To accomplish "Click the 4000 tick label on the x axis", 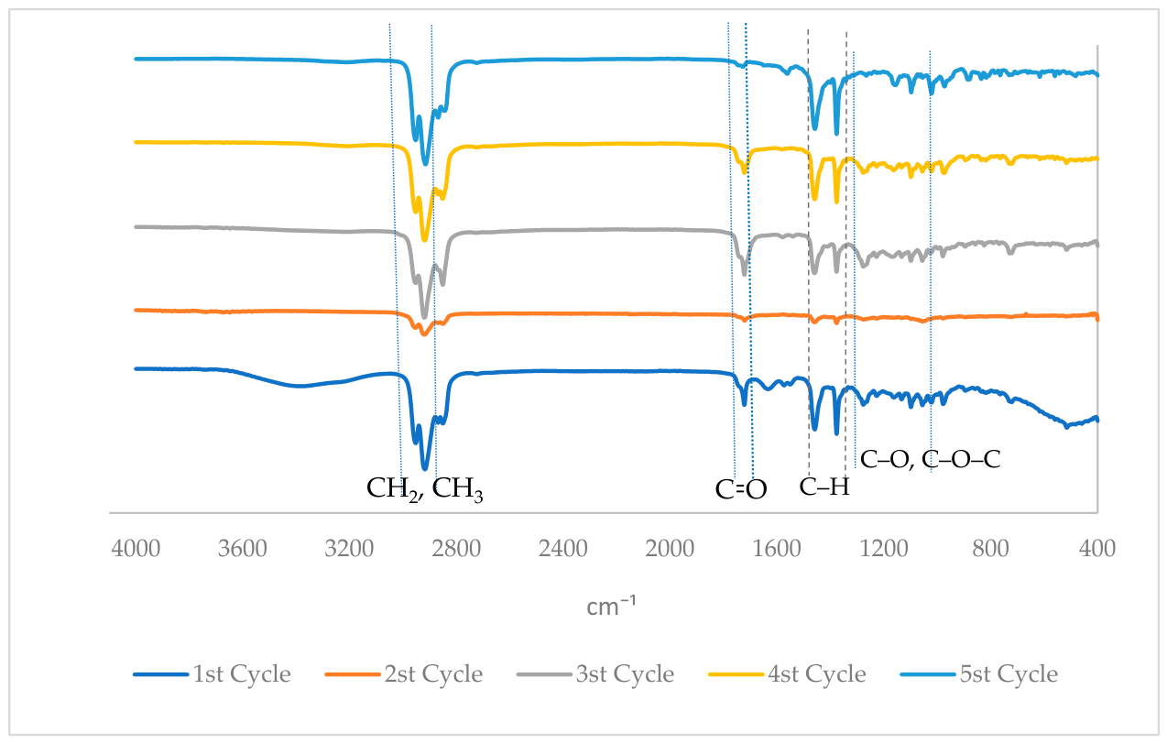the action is point(136,549).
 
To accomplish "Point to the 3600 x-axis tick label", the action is point(242,549).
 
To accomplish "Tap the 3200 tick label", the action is point(349,549).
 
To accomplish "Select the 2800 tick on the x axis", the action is point(456,549).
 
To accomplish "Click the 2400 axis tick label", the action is point(563,549).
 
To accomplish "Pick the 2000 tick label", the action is point(670,549).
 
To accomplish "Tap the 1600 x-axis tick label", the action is point(777,549).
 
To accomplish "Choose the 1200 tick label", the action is point(884,549).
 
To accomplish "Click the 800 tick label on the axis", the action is point(991,549).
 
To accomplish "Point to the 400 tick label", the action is point(1097,549).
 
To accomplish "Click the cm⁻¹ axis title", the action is point(611,607).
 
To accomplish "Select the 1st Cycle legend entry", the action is point(242,674).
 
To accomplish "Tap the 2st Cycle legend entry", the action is point(433,674).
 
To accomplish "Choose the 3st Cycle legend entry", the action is point(625,674).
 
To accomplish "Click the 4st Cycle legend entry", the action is point(817,674).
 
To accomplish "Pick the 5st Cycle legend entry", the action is point(1009,674).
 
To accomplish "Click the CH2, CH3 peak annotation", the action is point(425,490).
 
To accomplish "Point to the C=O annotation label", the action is point(741,490).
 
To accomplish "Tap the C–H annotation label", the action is point(824,487).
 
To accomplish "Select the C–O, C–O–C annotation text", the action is point(930,460).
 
